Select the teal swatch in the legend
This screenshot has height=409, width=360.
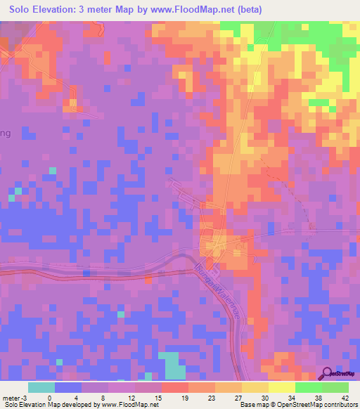click(x=41, y=387)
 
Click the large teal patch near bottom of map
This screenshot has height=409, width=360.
click(x=172, y=365)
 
